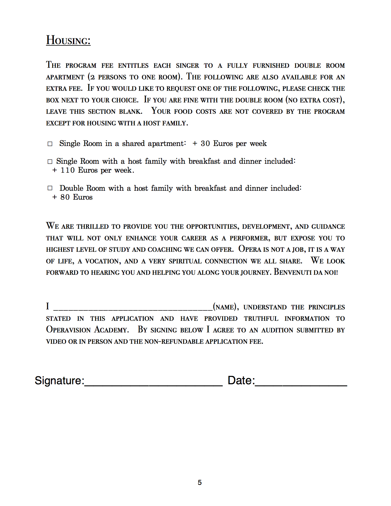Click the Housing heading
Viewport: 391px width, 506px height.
[68, 40]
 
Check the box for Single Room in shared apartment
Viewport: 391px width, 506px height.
[50, 144]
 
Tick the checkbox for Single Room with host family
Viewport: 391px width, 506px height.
[50, 162]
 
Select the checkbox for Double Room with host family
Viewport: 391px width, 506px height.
[50, 188]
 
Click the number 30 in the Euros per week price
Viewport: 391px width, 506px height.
[205, 144]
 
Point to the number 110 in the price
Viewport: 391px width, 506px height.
[67, 170]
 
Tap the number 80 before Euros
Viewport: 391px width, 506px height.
[65, 197]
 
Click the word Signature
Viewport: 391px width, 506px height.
[59, 381]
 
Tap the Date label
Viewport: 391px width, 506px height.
[241, 381]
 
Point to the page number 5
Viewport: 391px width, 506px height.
[200, 483]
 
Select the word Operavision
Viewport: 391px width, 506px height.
[68, 330]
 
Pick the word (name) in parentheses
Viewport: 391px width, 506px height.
[225, 307]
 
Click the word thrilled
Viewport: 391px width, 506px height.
[93, 227]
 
